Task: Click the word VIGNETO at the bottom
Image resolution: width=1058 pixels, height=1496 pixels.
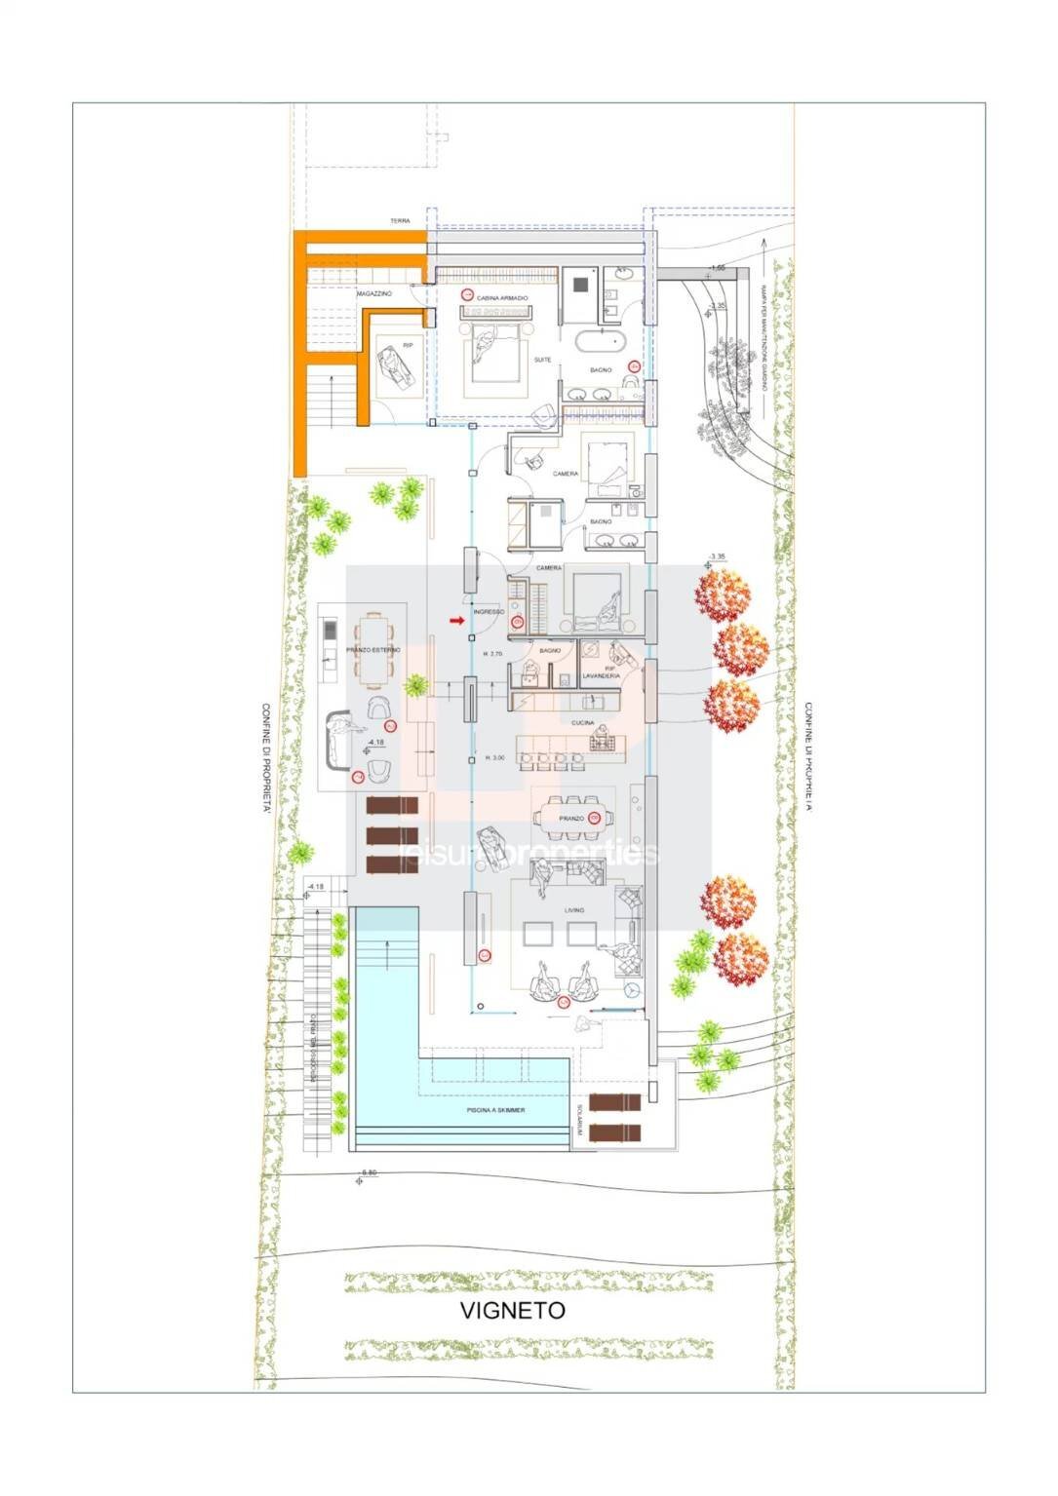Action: point(512,1310)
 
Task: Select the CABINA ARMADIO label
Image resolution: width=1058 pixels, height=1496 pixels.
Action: point(502,297)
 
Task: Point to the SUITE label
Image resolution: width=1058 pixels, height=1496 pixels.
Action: point(542,360)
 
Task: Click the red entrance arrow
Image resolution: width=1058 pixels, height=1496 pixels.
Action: point(455,620)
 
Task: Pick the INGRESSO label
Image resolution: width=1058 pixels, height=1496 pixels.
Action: point(489,612)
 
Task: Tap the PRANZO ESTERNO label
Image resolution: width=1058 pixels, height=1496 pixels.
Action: point(367,648)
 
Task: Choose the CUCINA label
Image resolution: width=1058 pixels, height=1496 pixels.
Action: point(583,723)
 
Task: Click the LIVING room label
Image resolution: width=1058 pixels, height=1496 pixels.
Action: point(573,910)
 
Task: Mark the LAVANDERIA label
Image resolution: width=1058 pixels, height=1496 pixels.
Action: point(601,674)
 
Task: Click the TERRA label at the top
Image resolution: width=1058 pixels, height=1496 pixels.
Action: point(400,221)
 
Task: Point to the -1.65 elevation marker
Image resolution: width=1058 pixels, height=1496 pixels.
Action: point(718,268)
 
